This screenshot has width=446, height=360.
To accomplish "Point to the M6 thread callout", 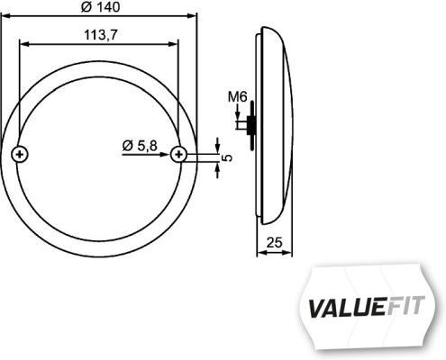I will pos(238,96).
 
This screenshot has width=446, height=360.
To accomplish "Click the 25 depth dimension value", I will pos(277,241).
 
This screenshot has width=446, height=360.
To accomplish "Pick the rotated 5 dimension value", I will pos(228,158).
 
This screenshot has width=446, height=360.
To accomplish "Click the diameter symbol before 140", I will pos(84,7).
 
